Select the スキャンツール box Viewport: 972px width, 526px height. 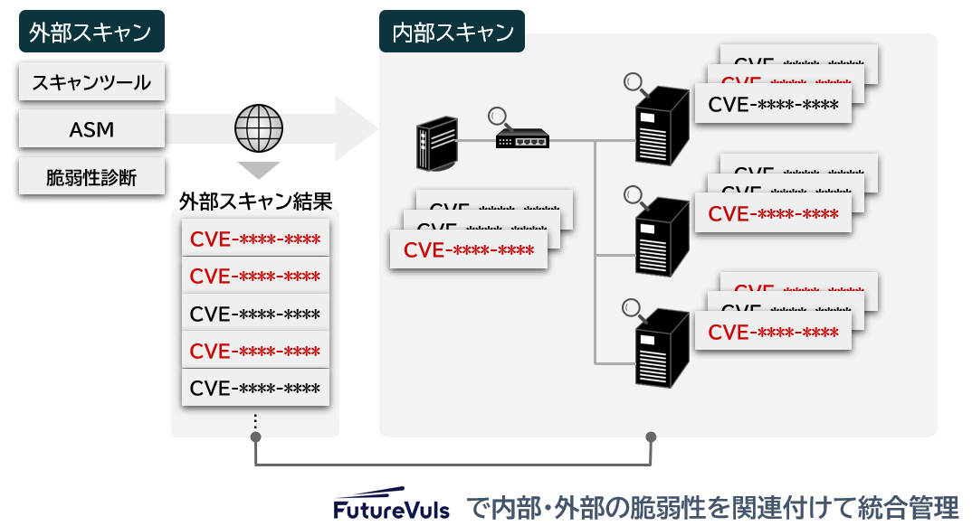tap(91, 82)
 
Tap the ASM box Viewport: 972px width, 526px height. tap(91, 129)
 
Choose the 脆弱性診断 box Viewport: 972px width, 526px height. tap(91, 177)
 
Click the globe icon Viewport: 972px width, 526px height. tap(258, 128)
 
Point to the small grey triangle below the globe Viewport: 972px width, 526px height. tap(258, 170)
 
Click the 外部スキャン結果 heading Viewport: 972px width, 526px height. tap(256, 201)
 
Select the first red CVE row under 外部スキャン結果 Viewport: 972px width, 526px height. tap(255, 240)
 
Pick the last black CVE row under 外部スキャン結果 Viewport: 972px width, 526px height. tap(255, 388)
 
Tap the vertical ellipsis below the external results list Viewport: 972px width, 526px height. tap(255, 421)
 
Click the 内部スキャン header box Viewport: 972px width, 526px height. tap(453, 33)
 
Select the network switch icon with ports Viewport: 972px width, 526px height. tap(522, 140)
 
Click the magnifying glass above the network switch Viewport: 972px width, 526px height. tap(498, 117)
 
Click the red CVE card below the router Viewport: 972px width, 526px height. tap(469, 249)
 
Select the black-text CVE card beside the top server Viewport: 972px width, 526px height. tap(773, 104)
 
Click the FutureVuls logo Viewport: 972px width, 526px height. tap(391, 508)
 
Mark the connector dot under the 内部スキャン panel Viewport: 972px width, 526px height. tap(650, 437)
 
